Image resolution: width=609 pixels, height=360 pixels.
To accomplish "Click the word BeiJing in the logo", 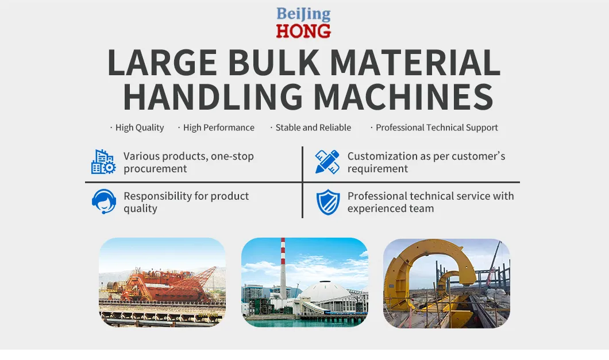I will coord(303,14).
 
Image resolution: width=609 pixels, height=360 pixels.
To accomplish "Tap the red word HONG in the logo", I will coord(303,30).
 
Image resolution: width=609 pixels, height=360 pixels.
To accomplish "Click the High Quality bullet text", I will coord(140,128).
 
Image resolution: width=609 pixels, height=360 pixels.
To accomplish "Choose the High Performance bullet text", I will coord(218,128).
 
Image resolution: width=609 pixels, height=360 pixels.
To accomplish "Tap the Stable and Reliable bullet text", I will coord(313,128).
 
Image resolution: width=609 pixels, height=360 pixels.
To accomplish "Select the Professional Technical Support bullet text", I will coord(437,128).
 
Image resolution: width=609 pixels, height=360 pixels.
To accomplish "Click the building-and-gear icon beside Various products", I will coord(103,162).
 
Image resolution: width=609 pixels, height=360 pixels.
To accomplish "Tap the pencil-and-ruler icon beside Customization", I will coord(327,162).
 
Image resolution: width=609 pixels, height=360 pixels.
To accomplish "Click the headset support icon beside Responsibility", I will coord(103,202).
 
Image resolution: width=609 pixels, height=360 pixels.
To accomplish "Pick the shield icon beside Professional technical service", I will coord(327,202).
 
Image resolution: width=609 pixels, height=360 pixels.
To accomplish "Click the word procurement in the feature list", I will coord(155,169).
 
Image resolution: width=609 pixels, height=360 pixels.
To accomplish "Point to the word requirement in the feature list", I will coord(377,169).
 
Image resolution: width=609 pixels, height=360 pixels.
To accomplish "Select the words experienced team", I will coord(391,209).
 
